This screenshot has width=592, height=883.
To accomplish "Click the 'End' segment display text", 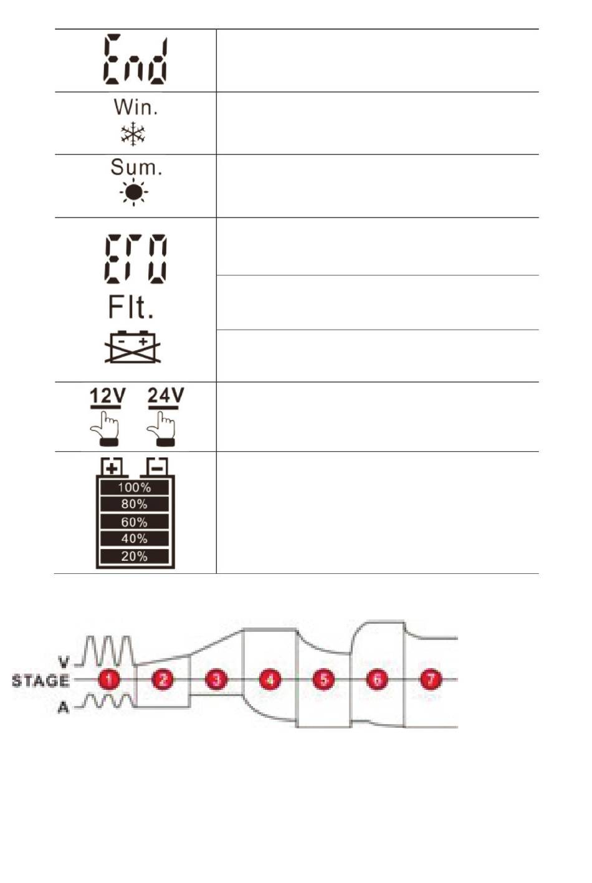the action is pos(135,60).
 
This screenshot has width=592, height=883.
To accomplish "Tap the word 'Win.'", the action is pos(136,107).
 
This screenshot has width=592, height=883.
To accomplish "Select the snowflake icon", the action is pos(133,134).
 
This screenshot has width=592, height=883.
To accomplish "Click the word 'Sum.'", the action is pos(136,167).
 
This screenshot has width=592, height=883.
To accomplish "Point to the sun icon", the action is pos(133,193).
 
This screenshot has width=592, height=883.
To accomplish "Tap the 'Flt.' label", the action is pos(130,307).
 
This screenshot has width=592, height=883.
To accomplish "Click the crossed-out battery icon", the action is pos(133,347).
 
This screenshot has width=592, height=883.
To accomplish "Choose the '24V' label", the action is pos(166,396).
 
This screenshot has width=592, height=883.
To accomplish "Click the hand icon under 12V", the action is pos(105,429).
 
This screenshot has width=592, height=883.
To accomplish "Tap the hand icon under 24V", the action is pos(161,429).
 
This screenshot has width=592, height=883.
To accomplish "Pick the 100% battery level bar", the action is pos(135,488).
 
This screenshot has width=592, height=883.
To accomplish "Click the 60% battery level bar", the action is pos(135,522).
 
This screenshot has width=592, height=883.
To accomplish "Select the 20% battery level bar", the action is pos(135,556).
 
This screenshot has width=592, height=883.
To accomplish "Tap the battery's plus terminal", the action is pos(112,467).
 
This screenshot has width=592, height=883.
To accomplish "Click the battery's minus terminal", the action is pos(157,467).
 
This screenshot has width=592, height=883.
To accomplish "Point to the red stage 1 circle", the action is pos(109,679).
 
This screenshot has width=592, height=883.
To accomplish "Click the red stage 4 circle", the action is pos(270,679).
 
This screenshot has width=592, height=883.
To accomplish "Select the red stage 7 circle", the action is pos(431,679).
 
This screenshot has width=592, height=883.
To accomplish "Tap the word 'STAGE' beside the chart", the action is pos(41,680).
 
